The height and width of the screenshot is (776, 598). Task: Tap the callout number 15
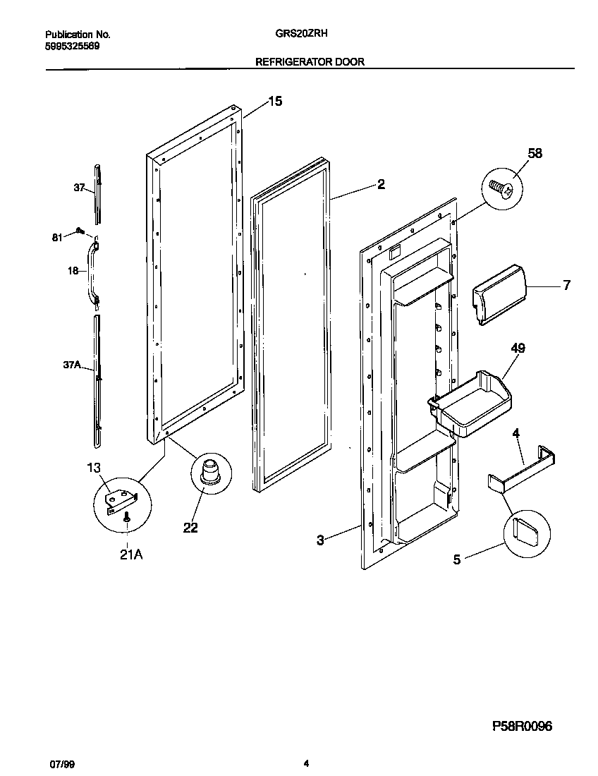(x=274, y=102)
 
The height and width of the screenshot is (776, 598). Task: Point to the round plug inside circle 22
(x=210, y=471)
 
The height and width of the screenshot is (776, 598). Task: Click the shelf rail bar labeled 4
(x=522, y=469)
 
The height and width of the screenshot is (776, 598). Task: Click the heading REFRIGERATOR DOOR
(x=310, y=62)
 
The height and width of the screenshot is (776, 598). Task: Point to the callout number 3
(x=320, y=540)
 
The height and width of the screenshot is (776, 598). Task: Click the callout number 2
(x=381, y=185)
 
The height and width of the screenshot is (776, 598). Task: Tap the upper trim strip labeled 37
(x=97, y=190)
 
